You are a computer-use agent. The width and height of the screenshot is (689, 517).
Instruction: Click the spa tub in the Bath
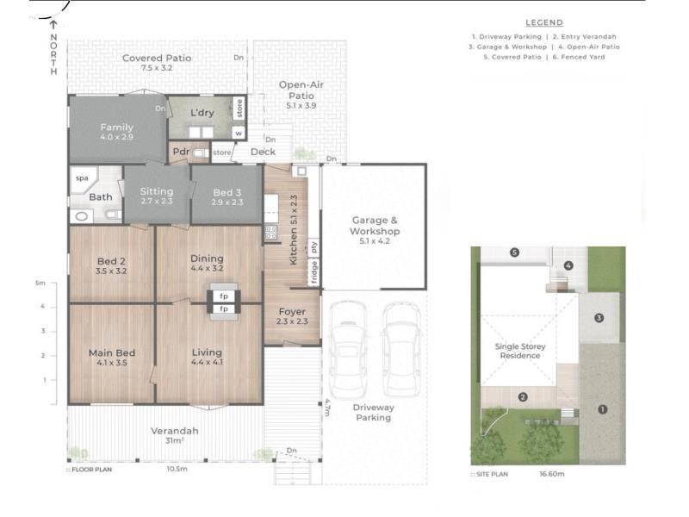click(84, 180)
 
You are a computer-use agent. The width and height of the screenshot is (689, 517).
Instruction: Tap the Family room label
click(116, 132)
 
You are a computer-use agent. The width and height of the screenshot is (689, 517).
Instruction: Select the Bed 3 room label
click(227, 197)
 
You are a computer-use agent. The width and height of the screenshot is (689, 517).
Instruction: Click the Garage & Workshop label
click(375, 230)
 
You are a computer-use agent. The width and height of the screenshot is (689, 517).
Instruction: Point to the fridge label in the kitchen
click(313, 271)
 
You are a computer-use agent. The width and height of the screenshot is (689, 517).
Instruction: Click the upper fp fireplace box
click(224, 296)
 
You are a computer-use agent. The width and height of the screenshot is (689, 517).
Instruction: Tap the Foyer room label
click(292, 316)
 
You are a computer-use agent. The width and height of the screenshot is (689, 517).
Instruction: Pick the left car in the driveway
click(349, 349)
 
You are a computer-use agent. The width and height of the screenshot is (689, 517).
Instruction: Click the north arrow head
click(53, 24)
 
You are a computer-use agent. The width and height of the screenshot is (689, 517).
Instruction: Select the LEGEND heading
click(544, 23)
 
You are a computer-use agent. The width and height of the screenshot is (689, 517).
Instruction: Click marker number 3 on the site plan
click(599, 318)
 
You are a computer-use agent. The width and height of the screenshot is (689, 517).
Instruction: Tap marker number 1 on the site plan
click(602, 409)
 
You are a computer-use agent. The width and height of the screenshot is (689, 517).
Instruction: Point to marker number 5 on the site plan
click(514, 252)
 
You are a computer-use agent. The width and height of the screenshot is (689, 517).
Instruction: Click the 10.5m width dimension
click(177, 469)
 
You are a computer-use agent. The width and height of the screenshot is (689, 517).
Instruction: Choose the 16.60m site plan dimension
click(552, 474)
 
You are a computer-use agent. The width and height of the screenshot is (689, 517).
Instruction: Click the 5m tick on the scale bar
click(40, 283)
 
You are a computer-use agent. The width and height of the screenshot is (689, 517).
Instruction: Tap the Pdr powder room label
click(181, 152)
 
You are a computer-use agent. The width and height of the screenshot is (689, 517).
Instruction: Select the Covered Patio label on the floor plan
click(157, 62)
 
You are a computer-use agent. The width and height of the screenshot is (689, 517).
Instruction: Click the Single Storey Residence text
click(520, 351)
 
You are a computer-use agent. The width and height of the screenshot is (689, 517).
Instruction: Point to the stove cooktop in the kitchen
click(270, 233)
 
